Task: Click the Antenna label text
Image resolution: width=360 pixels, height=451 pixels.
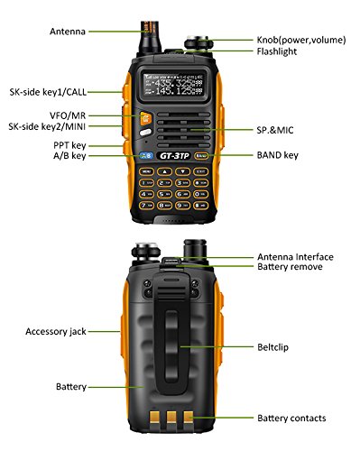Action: pyautogui.click(x=68, y=32)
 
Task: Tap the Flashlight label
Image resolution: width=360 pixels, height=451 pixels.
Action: pyautogui.click(x=277, y=51)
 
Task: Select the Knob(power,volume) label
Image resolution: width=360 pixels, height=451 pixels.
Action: pyautogui.click(x=301, y=40)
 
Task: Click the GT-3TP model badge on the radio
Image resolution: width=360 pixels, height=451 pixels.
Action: pyautogui.click(x=174, y=155)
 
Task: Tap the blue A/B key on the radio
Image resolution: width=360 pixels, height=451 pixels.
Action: pyautogui.click(x=147, y=155)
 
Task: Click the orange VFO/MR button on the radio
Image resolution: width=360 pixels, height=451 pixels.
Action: pyautogui.click(x=145, y=118)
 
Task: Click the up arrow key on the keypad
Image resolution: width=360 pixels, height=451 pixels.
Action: pyautogui.click(x=164, y=171)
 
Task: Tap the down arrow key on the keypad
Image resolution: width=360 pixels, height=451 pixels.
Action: pyautogui.click(x=183, y=171)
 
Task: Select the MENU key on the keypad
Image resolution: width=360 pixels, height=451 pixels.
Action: pyautogui.click(x=146, y=171)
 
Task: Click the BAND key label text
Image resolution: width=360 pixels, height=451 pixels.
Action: pyautogui.click(x=278, y=155)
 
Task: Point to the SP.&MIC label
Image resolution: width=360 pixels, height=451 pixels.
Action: pyautogui.click(x=275, y=130)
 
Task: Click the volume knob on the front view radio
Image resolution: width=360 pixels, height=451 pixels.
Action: pyautogui.click(x=198, y=42)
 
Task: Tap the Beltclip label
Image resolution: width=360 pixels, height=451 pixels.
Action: pyautogui.click(x=272, y=347)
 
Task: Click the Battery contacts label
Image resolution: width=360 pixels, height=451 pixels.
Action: pyautogui.click(x=291, y=419)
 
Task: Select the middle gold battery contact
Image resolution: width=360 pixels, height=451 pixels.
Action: pyautogui.click(x=171, y=417)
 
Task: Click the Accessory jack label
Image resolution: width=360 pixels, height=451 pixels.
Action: pyautogui.click(x=56, y=332)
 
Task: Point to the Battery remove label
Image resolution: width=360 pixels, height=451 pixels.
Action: pyautogui.click(x=290, y=267)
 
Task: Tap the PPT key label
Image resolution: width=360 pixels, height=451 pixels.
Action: pyautogui.click(x=69, y=145)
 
